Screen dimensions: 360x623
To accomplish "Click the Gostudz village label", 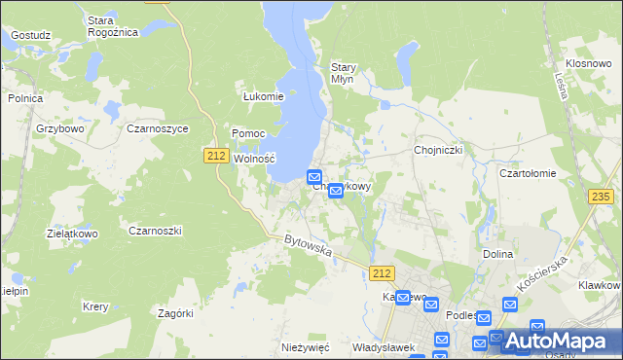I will tap(30, 35).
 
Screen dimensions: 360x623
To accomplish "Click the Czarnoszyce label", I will tap(157, 128).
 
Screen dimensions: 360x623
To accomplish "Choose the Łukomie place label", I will tap(263, 96).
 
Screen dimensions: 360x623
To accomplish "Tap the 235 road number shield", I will tap(603, 197).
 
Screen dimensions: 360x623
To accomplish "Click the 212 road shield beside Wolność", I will tap(216, 156).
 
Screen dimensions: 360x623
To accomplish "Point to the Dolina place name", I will tap(497, 254).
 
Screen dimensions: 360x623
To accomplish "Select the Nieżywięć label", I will tap(307, 347).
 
